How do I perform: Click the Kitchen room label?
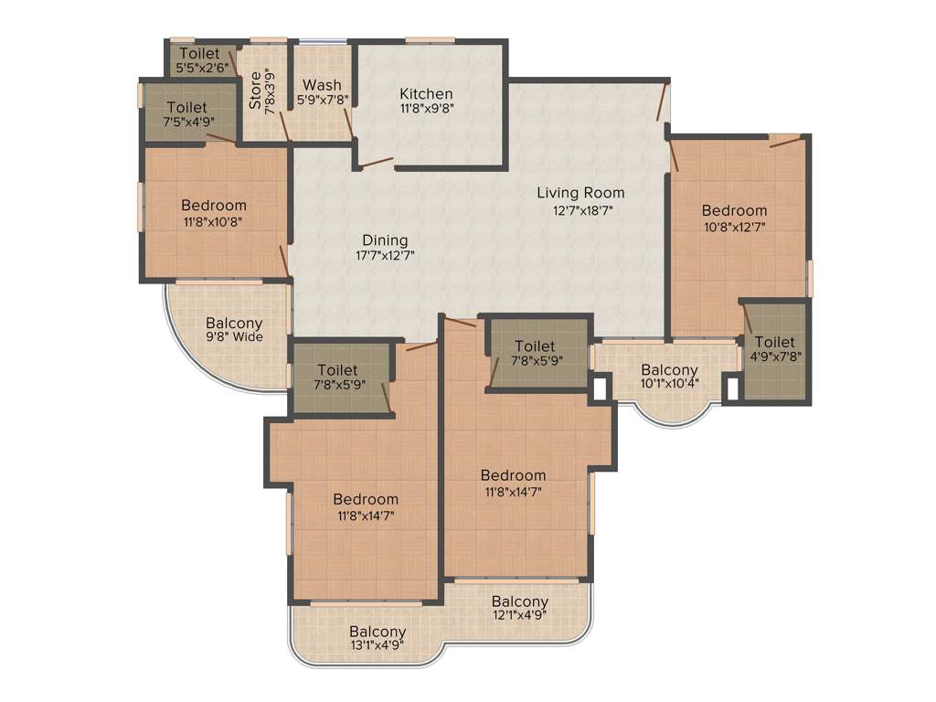coord(426,93)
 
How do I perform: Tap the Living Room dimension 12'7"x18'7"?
coord(580,209)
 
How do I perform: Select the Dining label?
coord(385,239)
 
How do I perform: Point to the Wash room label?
coord(322,85)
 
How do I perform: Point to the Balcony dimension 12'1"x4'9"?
coord(519,617)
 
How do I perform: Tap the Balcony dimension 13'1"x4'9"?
coord(378,646)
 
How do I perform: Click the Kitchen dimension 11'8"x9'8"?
coord(426,108)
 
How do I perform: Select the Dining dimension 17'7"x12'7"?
coord(385,256)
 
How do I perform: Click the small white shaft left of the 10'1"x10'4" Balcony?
coord(600,388)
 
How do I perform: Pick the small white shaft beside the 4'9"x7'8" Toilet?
coord(730,388)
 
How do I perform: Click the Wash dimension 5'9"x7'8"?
coord(322,101)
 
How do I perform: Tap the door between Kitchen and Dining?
coord(376,164)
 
